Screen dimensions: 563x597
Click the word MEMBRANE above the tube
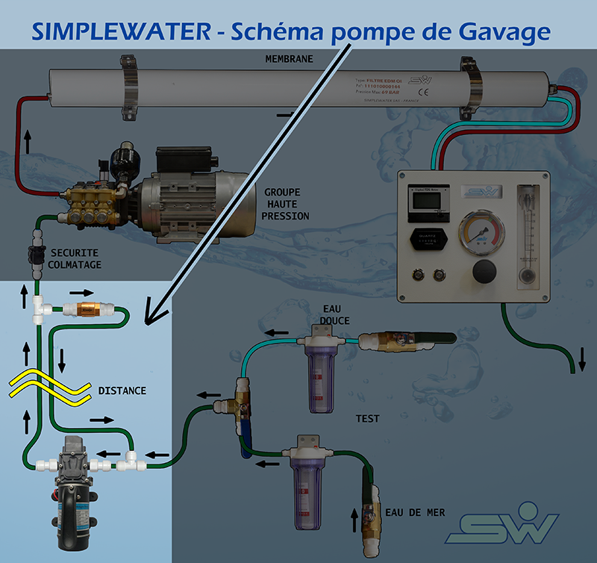point(290,59)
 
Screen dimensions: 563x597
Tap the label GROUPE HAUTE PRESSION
point(286,204)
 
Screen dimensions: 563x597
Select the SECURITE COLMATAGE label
point(75,258)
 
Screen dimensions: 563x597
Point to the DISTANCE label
point(122,391)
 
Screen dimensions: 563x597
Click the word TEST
point(367,419)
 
